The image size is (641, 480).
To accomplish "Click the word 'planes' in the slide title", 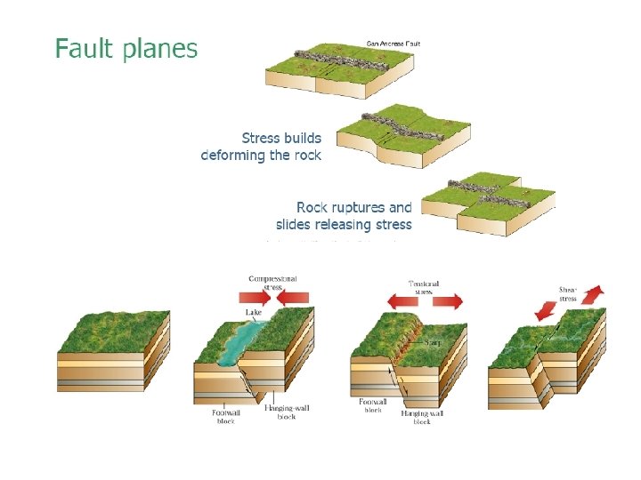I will click(x=158, y=50).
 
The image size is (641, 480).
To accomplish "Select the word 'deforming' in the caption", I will click(x=233, y=155).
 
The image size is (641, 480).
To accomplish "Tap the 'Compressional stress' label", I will click(x=272, y=283).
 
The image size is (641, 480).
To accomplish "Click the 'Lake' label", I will click(x=254, y=313).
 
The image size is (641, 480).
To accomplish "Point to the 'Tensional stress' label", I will click(x=424, y=287).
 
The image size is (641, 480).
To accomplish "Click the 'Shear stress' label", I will click(x=567, y=293).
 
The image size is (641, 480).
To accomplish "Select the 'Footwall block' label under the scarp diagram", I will click(x=372, y=405).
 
